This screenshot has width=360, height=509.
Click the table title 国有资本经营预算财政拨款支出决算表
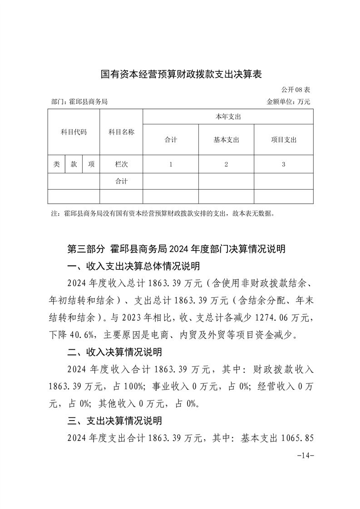[181, 74]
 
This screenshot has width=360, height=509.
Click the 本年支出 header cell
[228, 117]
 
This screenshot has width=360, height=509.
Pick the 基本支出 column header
[226, 140]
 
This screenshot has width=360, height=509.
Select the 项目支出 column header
[283, 140]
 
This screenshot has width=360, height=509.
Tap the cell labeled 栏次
[121, 165]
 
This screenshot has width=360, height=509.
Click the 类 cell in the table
[56, 165]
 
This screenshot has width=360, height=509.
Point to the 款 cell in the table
[74, 165]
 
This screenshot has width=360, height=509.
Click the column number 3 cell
[283, 165]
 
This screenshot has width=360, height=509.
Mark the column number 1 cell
[171, 165]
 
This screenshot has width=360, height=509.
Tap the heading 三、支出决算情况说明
[114, 421]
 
